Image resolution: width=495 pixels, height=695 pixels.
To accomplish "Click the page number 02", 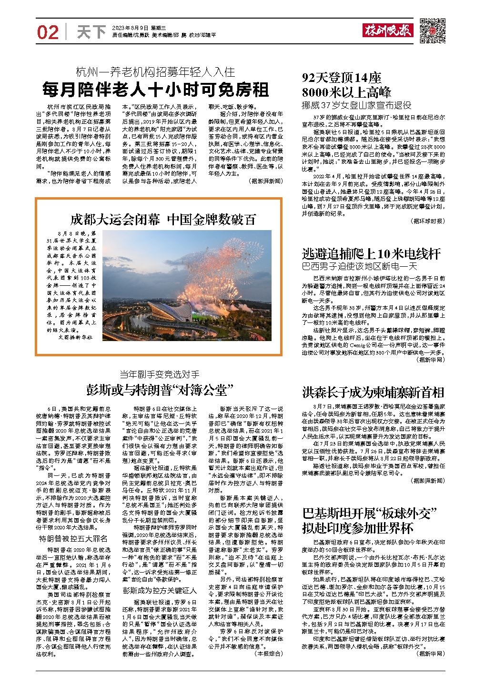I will pos(48,32).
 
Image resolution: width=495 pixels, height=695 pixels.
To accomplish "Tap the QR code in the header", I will pos(432,31).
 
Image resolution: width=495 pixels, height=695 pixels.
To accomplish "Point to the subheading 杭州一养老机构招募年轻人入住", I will pos(155,72).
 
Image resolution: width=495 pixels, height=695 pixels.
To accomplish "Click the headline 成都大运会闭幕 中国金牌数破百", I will pos(163,219).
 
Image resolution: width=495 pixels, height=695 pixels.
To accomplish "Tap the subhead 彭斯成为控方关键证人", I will pos(159,591).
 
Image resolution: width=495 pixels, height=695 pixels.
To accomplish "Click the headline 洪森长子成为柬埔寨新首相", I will pos(373,393).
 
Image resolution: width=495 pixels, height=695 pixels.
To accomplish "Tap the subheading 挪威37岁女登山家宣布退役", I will pos(357,105).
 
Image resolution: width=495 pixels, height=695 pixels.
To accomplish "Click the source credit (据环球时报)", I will pos(427,221).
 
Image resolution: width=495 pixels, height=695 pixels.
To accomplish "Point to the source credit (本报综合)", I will pos(269,654).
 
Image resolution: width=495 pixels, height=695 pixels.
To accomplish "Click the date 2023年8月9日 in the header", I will pos(130,28).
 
